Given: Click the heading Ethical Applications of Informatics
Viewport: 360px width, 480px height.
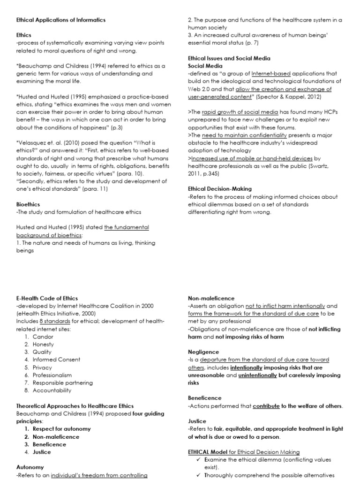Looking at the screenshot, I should click(61, 20).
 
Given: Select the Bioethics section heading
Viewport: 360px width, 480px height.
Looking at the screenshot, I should click(28, 204).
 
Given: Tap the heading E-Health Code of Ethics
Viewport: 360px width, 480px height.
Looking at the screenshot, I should click(47, 298).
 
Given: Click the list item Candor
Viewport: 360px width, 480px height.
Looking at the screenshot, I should click(43, 337).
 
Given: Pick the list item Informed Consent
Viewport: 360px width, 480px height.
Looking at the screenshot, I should click(57, 360).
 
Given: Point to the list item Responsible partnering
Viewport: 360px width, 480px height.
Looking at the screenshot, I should click(63, 382).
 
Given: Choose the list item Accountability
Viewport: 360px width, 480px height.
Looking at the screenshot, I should click(52, 390).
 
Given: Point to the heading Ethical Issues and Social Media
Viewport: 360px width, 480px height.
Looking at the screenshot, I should click(229, 59).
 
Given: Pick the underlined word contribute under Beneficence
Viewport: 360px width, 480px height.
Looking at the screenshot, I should click(269, 406).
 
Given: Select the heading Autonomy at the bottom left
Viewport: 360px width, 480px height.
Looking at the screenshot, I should click(30, 467).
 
